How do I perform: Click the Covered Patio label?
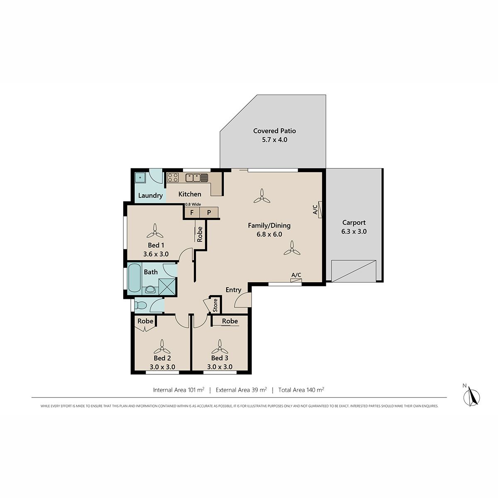(274, 131)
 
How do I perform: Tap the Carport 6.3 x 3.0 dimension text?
(354, 231)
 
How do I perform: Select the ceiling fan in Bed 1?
(155, 231)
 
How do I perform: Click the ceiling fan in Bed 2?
(162, 347)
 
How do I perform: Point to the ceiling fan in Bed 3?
(220, 347)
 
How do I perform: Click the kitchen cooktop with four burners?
(173, 178)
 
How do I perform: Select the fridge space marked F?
(192, 213)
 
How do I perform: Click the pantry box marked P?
(209, 213)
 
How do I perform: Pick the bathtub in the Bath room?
(134, 279)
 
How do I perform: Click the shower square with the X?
(168, 286)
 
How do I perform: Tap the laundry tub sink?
(140, 178)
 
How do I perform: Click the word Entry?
(233, 290)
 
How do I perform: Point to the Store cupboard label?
(215, 305)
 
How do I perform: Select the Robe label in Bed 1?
(200, 234)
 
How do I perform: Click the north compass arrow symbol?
(473, 397)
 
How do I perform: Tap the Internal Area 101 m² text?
(178, 390)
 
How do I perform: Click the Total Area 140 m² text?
(301, 390)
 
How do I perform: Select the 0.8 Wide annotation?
(193, 205)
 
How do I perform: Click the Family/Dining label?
(269, 226)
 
